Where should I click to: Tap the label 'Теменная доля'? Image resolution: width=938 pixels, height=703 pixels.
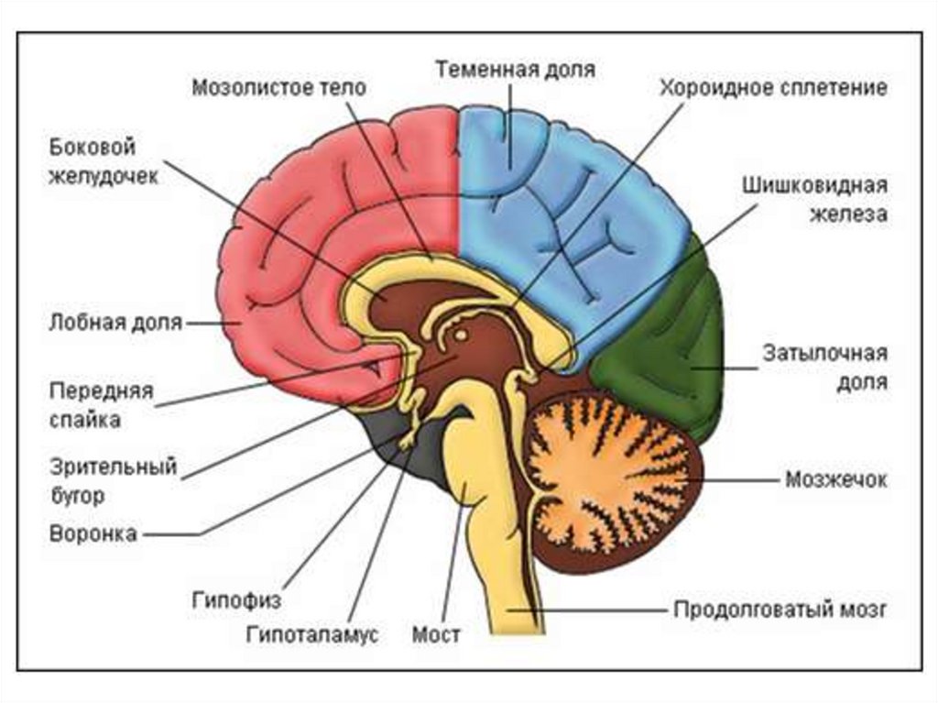pyautogui.click(x=515, y=70)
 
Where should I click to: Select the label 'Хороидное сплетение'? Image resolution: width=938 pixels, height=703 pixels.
pyautogui.click(x=773, y=89)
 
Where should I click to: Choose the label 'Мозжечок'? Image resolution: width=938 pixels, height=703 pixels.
pyautogui.click(x=835, y=479)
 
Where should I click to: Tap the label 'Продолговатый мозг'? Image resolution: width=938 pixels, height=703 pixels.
pyautogui.click(x=780, y=609)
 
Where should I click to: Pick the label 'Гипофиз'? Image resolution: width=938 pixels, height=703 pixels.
pyautogui.click(x=236, y=601)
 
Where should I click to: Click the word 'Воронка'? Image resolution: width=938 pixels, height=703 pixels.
pyautogui.click(x=93, y=533)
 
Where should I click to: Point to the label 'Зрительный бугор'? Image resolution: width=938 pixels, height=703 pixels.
pyautogui.click(x=114, y=481)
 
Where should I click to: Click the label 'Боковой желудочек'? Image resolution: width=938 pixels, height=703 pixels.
pyautogui.click(x=104, y=161)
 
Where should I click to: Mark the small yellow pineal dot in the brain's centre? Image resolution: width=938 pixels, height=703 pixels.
pyautogui.click(x=461, y=336)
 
